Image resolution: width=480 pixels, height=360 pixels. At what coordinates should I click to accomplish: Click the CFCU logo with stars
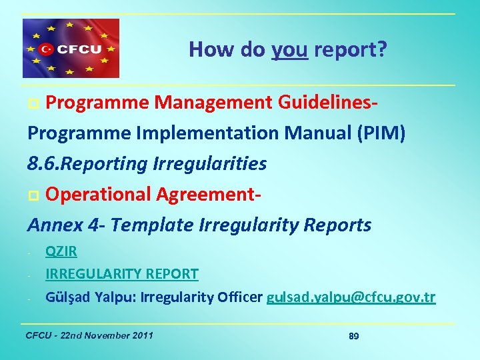coord(71,49)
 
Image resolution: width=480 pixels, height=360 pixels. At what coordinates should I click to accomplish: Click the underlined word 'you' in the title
coord(289,49)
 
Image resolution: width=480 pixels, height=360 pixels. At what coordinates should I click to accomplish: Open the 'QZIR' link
coord(61,251)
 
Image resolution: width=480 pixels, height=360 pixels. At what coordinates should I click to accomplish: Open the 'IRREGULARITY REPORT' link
coord(121,274)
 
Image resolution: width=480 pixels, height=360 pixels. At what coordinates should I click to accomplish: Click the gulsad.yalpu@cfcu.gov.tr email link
coord(351,297)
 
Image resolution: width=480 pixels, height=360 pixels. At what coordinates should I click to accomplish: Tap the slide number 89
coord(353,336)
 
